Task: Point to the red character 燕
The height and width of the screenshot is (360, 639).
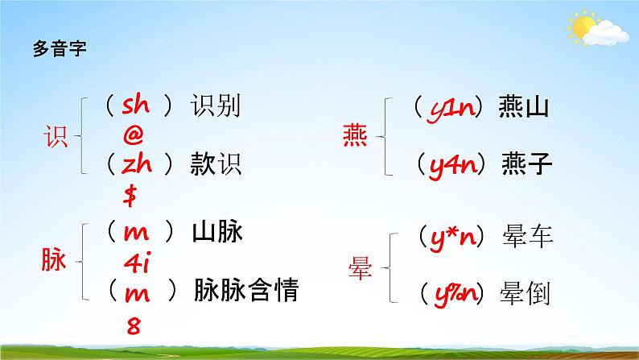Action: [x=355, y=138]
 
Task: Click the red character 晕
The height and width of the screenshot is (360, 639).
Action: [x=359, y=267]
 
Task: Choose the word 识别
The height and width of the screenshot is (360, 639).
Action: [x=216, y=106]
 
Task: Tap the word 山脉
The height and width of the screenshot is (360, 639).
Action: [x=217, y=233]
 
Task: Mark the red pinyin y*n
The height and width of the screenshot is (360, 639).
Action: [x=457, y=236]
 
